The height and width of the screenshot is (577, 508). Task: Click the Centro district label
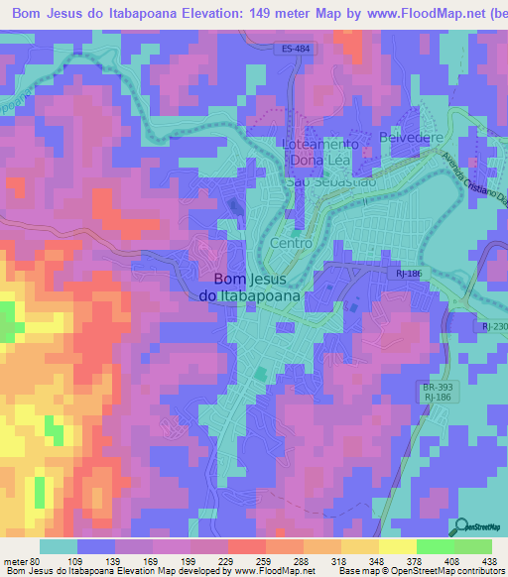[291, 243]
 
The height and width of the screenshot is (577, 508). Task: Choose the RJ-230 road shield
[493, 325]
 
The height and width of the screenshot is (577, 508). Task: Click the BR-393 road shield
[431, 388]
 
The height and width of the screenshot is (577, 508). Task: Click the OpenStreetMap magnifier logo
[460, 528]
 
